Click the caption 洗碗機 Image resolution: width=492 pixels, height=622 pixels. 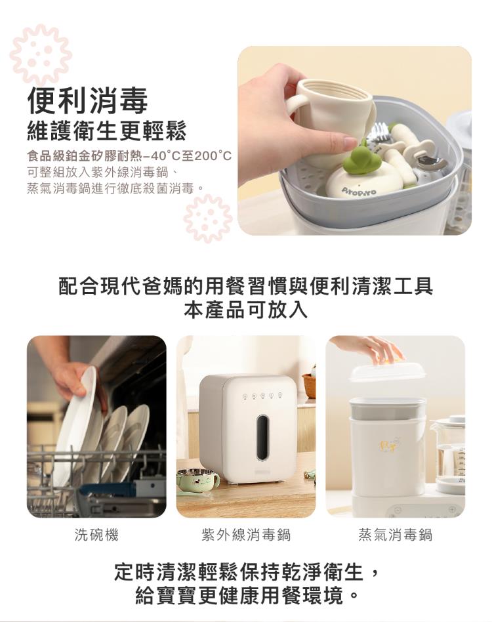tap(96, 535)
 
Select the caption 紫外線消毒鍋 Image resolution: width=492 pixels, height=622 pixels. tap(245, 535)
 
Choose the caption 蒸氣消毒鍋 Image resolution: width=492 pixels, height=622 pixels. tap(395, 535)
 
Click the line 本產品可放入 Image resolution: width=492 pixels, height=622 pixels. tap(245, 310)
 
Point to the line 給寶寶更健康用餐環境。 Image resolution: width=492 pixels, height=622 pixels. tap(245, 596)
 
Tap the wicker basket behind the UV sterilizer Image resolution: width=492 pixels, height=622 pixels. tap(309, 385)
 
